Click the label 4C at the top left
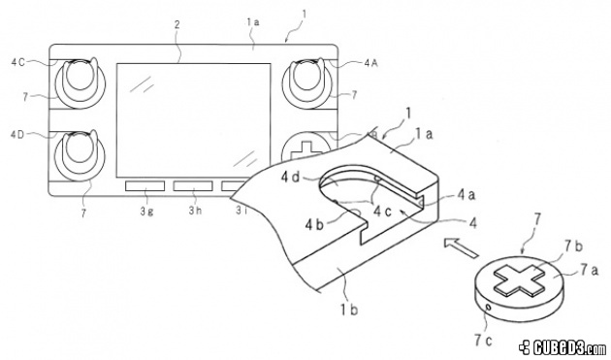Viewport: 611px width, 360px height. pos(17,62)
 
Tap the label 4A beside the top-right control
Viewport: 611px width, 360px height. pos(370,62)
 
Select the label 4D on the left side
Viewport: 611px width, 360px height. pos(17,135)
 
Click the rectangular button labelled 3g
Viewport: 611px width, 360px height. pos(145,186)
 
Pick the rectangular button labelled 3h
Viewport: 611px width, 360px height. pos(193,186)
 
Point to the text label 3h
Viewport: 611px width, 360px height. pos(195,211)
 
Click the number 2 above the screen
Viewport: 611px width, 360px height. pos(177,24)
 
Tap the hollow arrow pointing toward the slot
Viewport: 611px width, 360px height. pos(461,248)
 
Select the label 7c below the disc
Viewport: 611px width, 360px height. pos(483,341)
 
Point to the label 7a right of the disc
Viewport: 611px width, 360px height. pos(589,270)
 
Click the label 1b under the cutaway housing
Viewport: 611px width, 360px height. pos(349,310)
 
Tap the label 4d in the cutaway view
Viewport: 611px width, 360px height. pos(291,178)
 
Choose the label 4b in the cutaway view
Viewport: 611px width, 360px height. pos(314,225)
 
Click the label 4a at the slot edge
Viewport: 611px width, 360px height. pos(466,194)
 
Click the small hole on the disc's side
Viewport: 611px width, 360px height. pos(488,309)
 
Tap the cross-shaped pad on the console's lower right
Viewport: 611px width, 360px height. pos(306,151)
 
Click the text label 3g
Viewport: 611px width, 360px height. pos(146,211)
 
